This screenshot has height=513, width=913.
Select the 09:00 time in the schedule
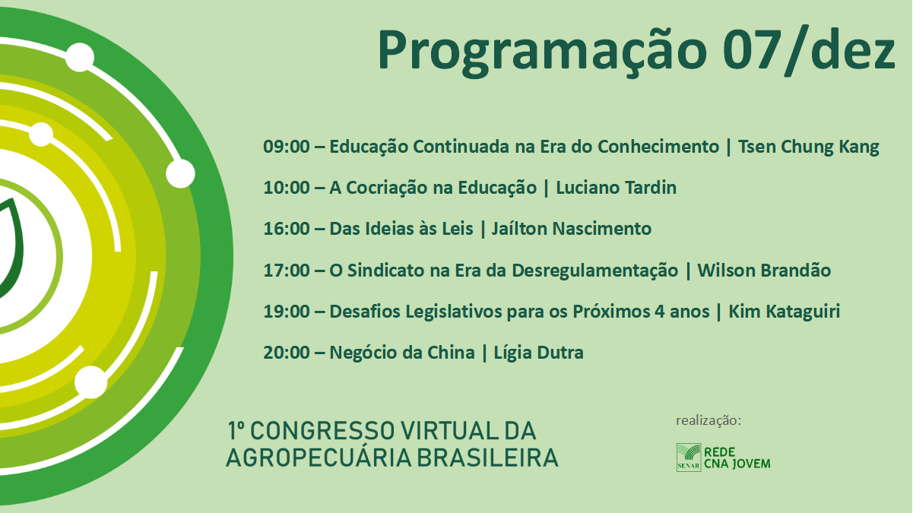click(x=287, y=147)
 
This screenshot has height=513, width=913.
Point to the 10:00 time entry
click(x=287, y=188)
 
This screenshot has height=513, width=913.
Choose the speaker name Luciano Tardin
click(x=617, y=188)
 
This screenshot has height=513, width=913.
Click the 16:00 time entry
click(x=287, y=229)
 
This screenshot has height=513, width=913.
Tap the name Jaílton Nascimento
click(x=572, y=229)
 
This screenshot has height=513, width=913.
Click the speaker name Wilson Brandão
click(x=764, y=270)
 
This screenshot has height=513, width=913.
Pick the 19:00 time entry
click(x=287, y=312)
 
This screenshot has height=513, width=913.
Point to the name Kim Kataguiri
click(x=785, y=312)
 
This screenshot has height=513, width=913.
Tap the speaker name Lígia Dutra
click(x=538, y=353)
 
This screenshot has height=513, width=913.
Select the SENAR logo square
click(x=689, y=458)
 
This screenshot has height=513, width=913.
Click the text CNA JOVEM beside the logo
click(x=737, y=464)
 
